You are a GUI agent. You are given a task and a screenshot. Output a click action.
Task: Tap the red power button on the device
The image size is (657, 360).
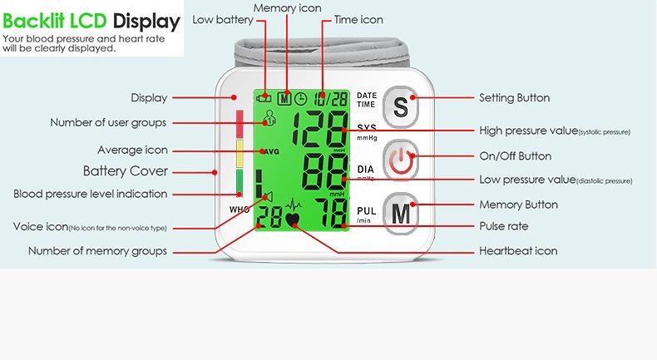[401, 160]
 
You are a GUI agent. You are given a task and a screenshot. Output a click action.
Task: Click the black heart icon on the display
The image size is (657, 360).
[293, 221]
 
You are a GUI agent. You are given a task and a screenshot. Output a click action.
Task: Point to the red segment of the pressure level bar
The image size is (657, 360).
[240, 124]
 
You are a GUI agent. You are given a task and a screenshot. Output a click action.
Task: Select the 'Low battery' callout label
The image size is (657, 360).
[217, 20]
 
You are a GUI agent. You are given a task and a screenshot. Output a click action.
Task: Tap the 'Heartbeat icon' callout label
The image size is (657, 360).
[518, 251]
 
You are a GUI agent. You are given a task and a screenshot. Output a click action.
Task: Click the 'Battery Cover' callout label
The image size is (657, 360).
[126, 171]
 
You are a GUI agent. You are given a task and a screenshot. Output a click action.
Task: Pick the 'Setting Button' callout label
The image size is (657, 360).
[514, 98]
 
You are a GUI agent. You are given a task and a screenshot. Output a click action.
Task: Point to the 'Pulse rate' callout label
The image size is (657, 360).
[503, 226]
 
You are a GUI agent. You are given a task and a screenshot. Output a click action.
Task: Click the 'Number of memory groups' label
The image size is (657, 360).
[97, 251]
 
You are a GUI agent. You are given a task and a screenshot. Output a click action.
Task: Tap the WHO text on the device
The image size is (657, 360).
[238, 209]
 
